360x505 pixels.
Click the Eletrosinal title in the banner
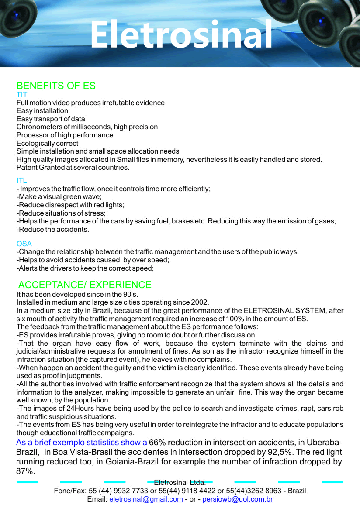point(181,34)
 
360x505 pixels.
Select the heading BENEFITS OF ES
point(56,86)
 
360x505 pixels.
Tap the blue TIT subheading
point(22,95)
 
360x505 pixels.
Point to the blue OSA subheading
point(24,244)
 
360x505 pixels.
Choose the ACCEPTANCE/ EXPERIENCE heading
point(85,285)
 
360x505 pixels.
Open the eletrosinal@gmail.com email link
point(146,499)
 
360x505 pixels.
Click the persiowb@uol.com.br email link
point(238,499)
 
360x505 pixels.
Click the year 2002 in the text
point(200,302)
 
